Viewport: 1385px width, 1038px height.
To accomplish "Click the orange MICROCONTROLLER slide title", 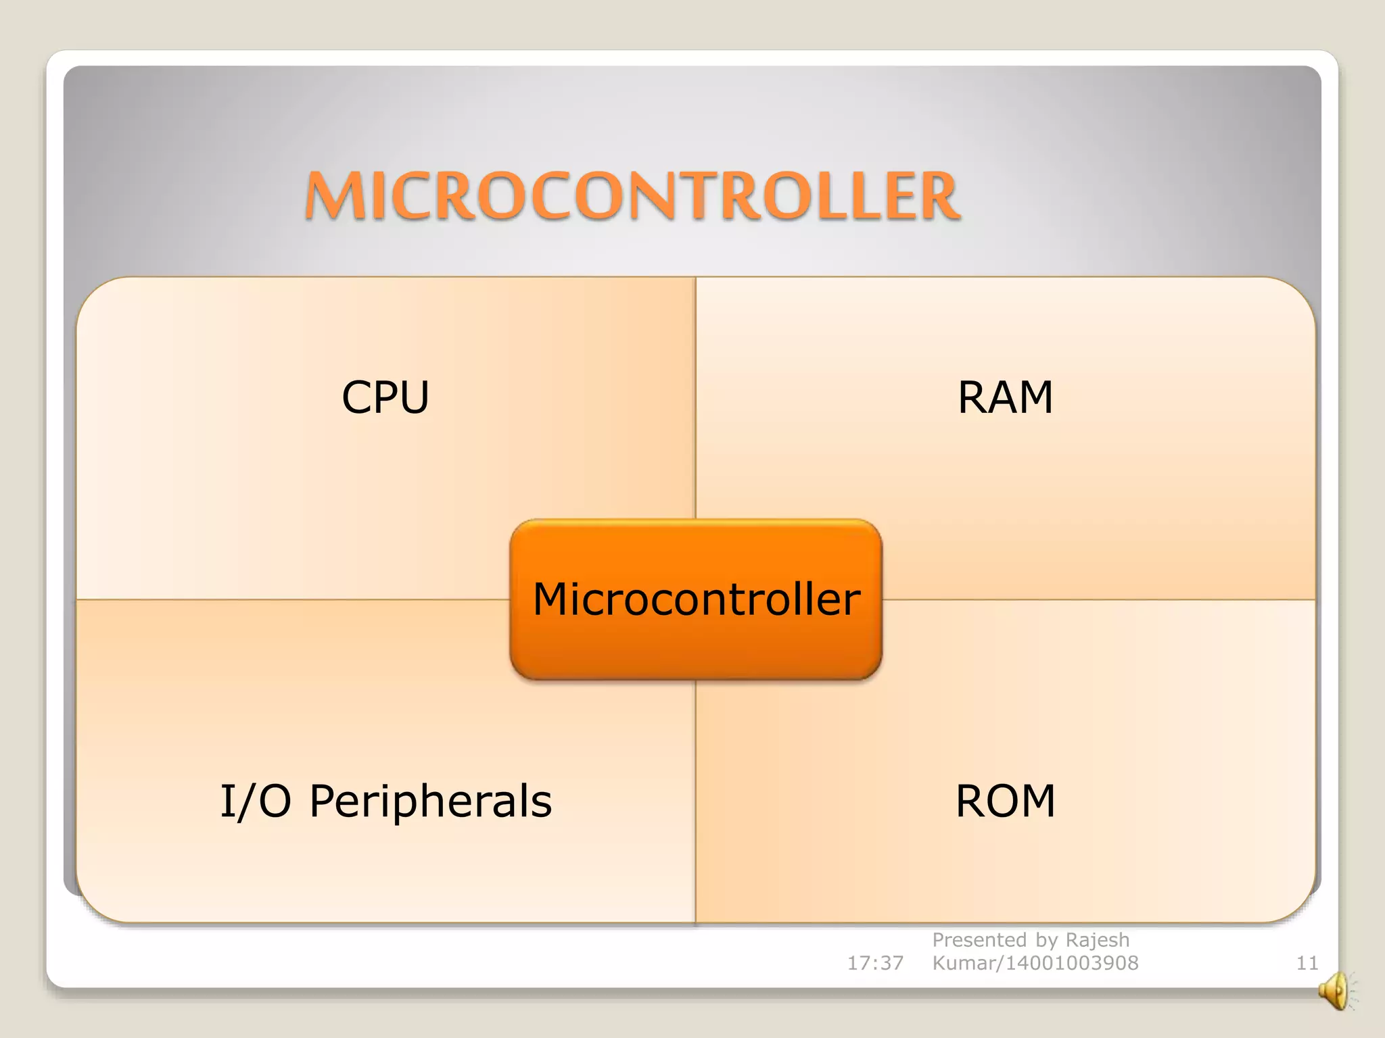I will [x=632, y=196].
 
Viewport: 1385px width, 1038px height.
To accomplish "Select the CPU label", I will [x=385, y=397].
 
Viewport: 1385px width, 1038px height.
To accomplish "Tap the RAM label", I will [x=1006, y=397].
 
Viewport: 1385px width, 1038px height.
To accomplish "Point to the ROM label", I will [x=1006, y=801].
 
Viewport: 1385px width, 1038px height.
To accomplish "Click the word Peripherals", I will [x=431, y=801].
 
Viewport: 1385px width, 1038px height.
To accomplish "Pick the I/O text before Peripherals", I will [x=256, y=801].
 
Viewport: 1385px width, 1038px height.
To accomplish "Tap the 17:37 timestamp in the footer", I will [x=875, y=962].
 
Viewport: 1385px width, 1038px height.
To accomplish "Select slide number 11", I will [x=1307, y=962].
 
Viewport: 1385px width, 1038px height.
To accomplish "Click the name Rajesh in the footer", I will [x=1097, y=940].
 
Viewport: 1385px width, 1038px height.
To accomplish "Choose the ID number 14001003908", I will [x=1072, y=962].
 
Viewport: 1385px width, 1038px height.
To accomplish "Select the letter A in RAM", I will [x=1005, y=397].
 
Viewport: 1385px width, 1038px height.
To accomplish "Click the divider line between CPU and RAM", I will [x=696, y=399].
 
